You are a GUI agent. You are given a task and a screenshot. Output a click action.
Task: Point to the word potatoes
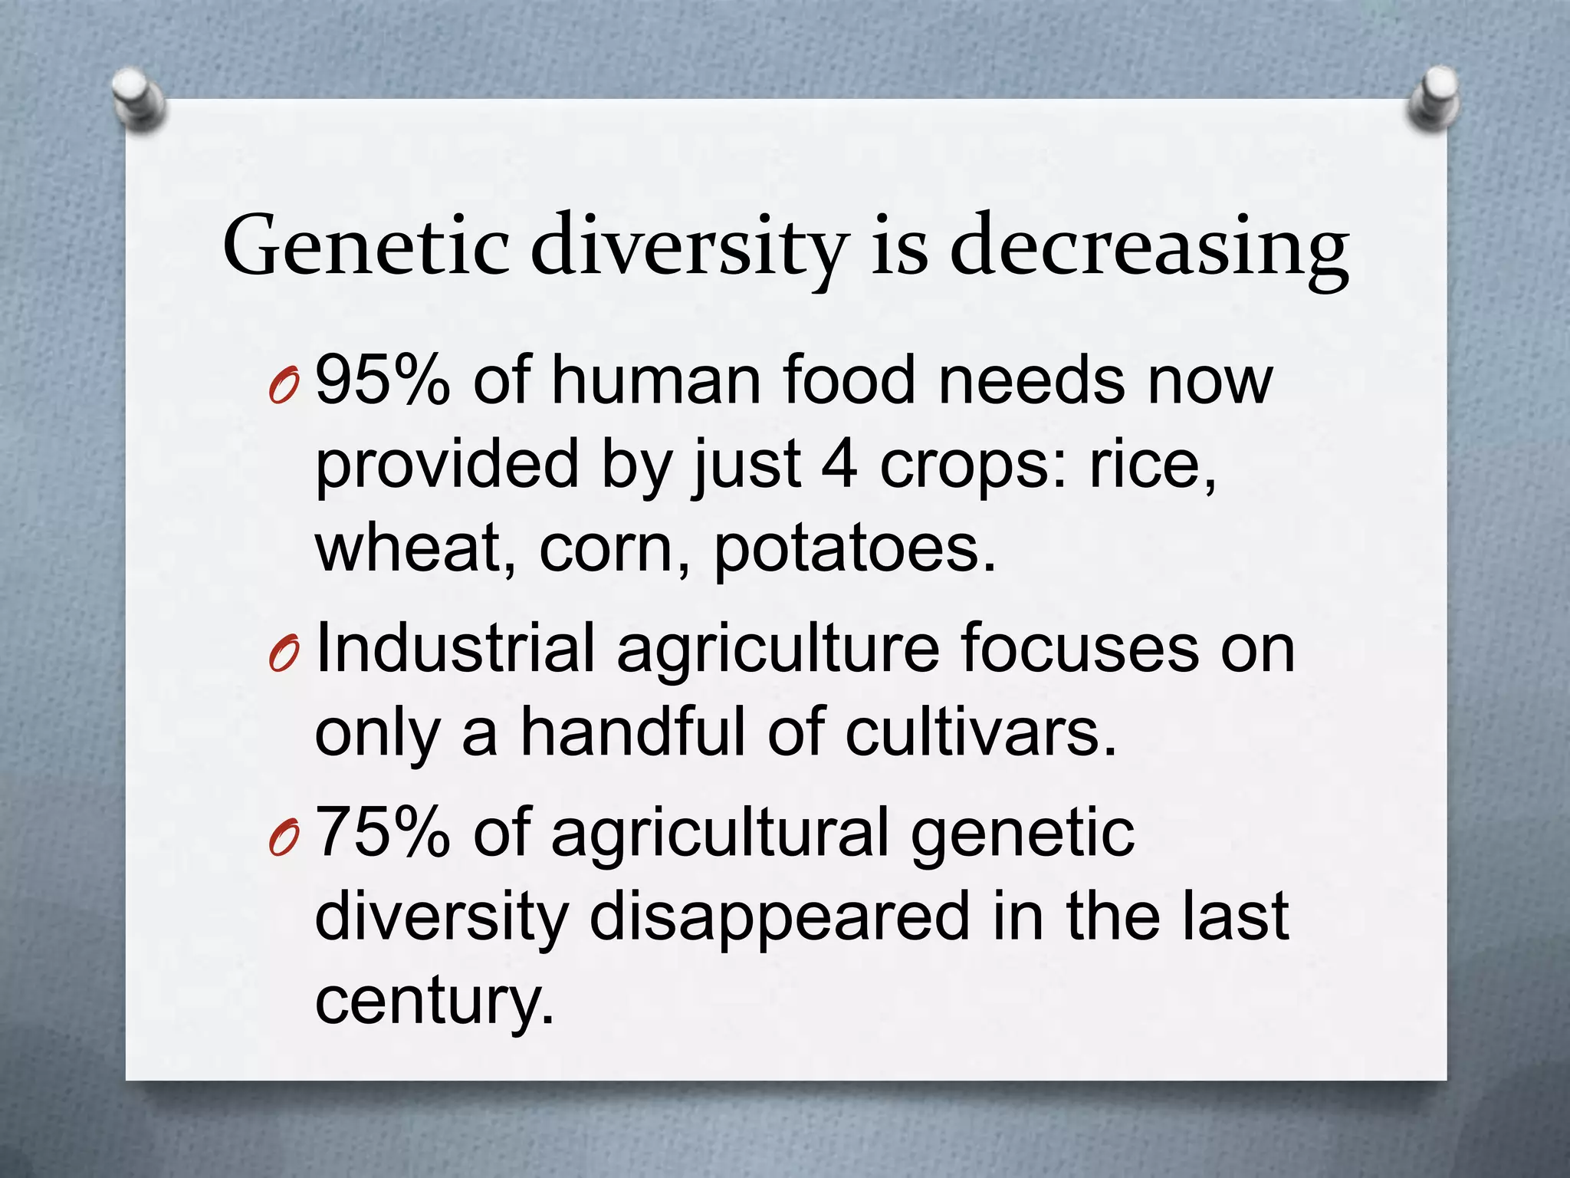coord(855,549)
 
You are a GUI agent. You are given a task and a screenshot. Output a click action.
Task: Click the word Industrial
coord(455,648)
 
